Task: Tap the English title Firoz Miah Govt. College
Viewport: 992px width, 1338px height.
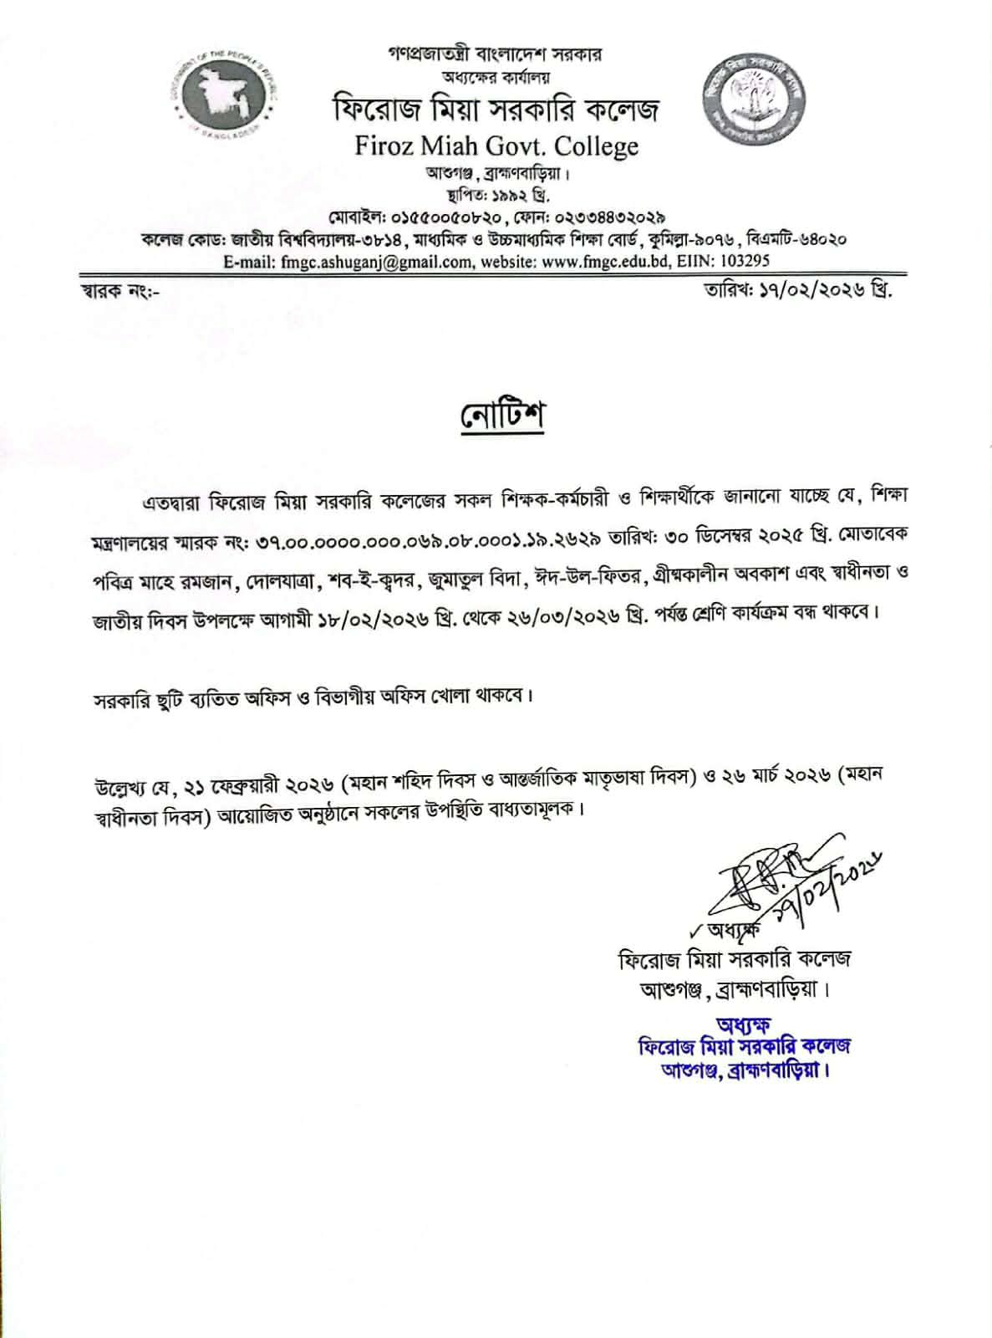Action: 496,146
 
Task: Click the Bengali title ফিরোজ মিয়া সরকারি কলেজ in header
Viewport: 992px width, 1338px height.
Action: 496,110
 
